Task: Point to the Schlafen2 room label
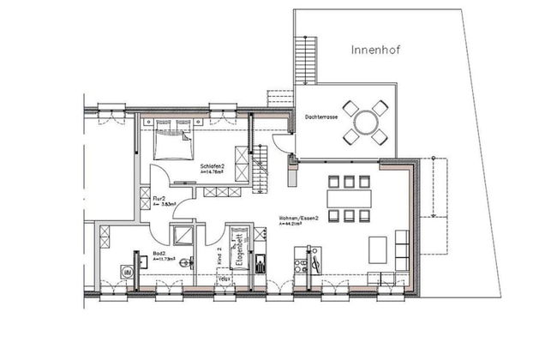[213, 165]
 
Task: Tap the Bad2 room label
[159, 255]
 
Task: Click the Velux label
[225, 279]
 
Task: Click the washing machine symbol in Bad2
[128, 272]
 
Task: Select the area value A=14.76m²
[213, 172]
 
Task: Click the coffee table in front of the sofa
[377, 249]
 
